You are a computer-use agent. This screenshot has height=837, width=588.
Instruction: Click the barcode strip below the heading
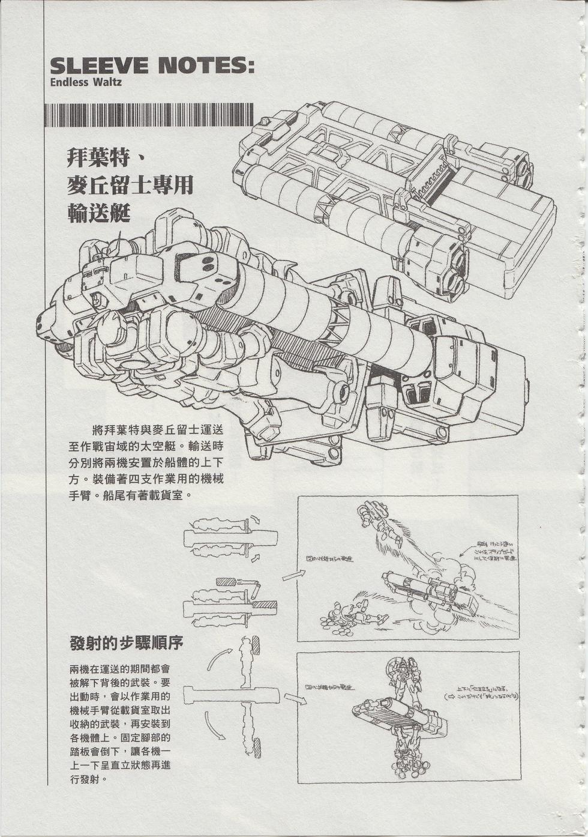149,115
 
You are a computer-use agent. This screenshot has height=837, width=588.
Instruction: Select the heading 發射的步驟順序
126,642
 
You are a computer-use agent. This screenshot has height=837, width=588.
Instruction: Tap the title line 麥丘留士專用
130,185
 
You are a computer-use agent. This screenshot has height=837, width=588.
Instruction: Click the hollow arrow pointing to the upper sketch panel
293,575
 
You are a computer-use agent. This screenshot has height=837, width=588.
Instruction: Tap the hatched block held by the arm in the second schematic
226,581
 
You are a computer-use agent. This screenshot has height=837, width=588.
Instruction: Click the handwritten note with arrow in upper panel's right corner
489,552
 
